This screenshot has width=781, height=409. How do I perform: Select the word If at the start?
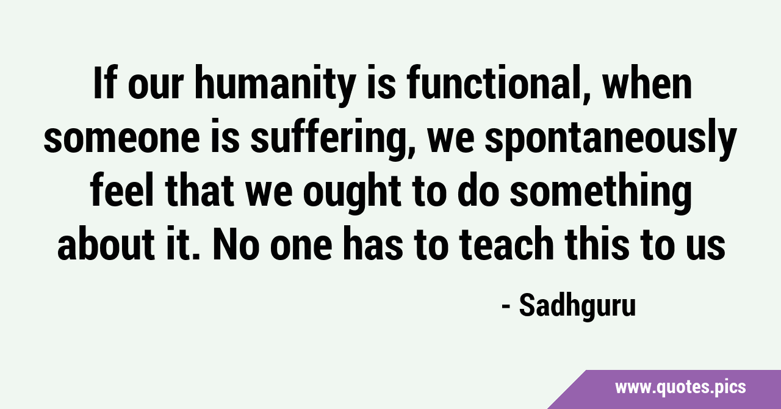click(104, 82)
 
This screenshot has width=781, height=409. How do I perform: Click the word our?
click(156, 86)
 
